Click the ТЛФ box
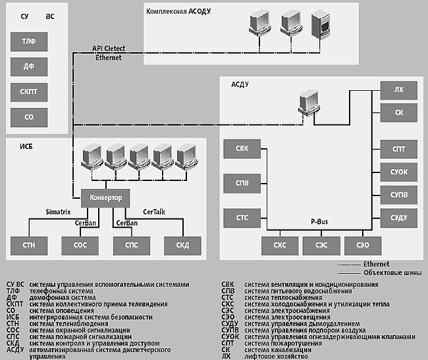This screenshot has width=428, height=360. pyautogui.click(x=29, y=41)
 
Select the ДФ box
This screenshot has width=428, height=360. pyautogui.click(x=29, y=66)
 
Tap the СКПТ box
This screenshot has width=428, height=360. pyautogui.click(x=29, y=92)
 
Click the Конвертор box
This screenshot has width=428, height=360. pyautogui.click(x=105, y=197)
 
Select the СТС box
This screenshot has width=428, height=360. pyautogui.click(x=242, y=217)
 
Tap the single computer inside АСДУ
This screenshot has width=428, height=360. pyautogui.click(x=309, y=103)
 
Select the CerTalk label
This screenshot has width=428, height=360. pyautogui.click(x=157, y=212)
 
